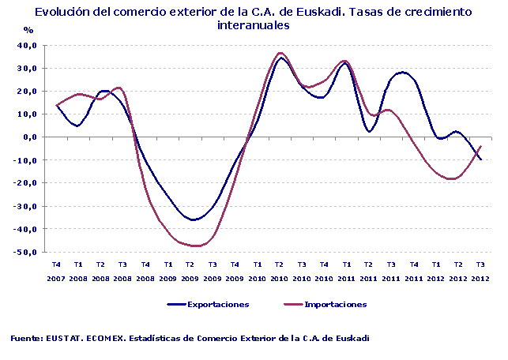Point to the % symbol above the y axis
click(x=28, y=30)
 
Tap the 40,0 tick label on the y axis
click(x=28, y=45)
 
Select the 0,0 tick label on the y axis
click(x=31, y=137)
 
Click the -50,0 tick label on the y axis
click(x=26, y=253)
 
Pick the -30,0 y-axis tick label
click(x=26, y=207)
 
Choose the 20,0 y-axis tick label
click(x=28, y=92)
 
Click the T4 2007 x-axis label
click(x=56, y=272)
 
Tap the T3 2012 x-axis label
click(x=480, y=272)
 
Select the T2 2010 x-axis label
click(x=279, y=272)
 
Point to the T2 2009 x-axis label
click(x=190, y=272)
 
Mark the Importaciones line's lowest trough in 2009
click(x=193, y=246)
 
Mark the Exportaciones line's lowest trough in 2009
click(x=191, y=219)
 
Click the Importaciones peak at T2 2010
click(x=281, y=53)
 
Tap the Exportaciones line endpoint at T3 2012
click(x=480, y=159)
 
